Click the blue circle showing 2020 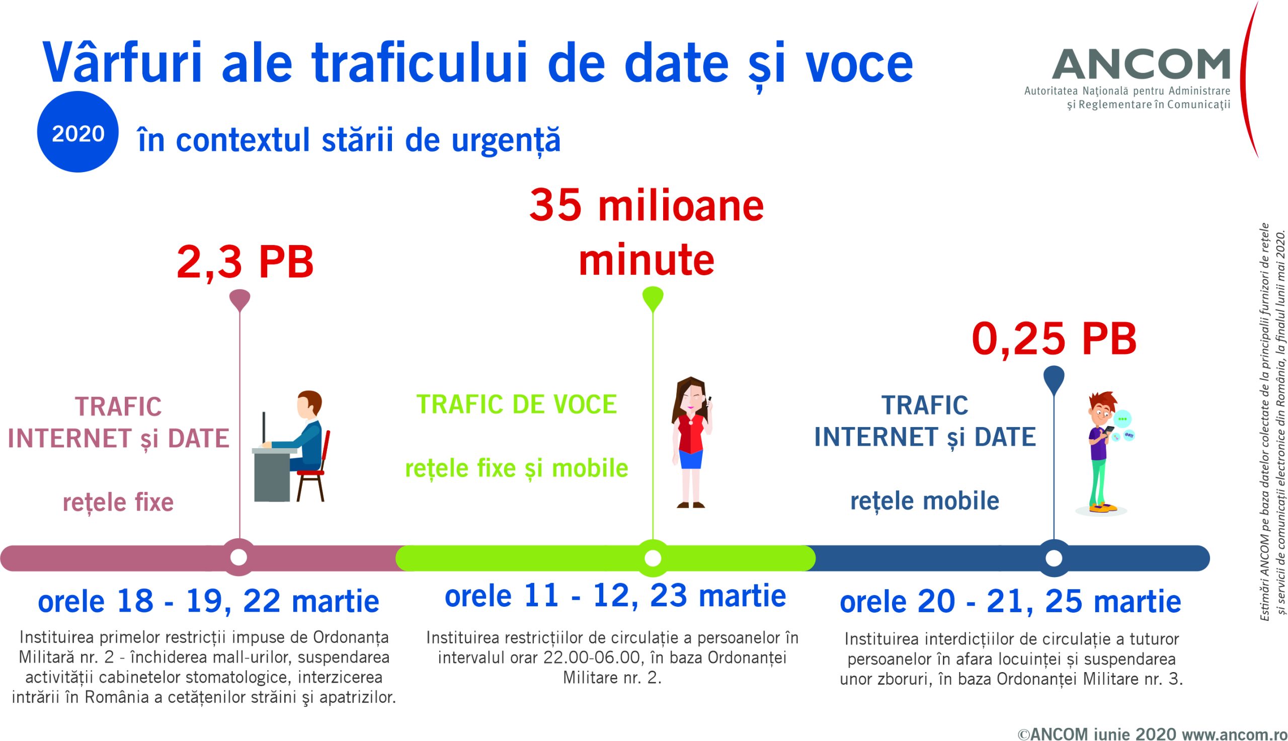[x=78, y=132]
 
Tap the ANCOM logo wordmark [x=1141, y=64]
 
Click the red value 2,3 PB [x=245, y=262]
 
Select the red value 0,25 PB [x=1054, y=339]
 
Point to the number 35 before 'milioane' [x=555, y=206]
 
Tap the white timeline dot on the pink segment [x=238, y=557]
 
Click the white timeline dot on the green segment [x=653, y=558]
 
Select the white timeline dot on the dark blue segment [x=1054, y=558]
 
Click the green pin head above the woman [x=653, y=298]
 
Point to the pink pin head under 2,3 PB [x=239, y=299]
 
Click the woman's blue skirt [x=691, y=459]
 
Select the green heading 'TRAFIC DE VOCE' [x=517, y=404]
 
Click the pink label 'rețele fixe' [x=118, y=503]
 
